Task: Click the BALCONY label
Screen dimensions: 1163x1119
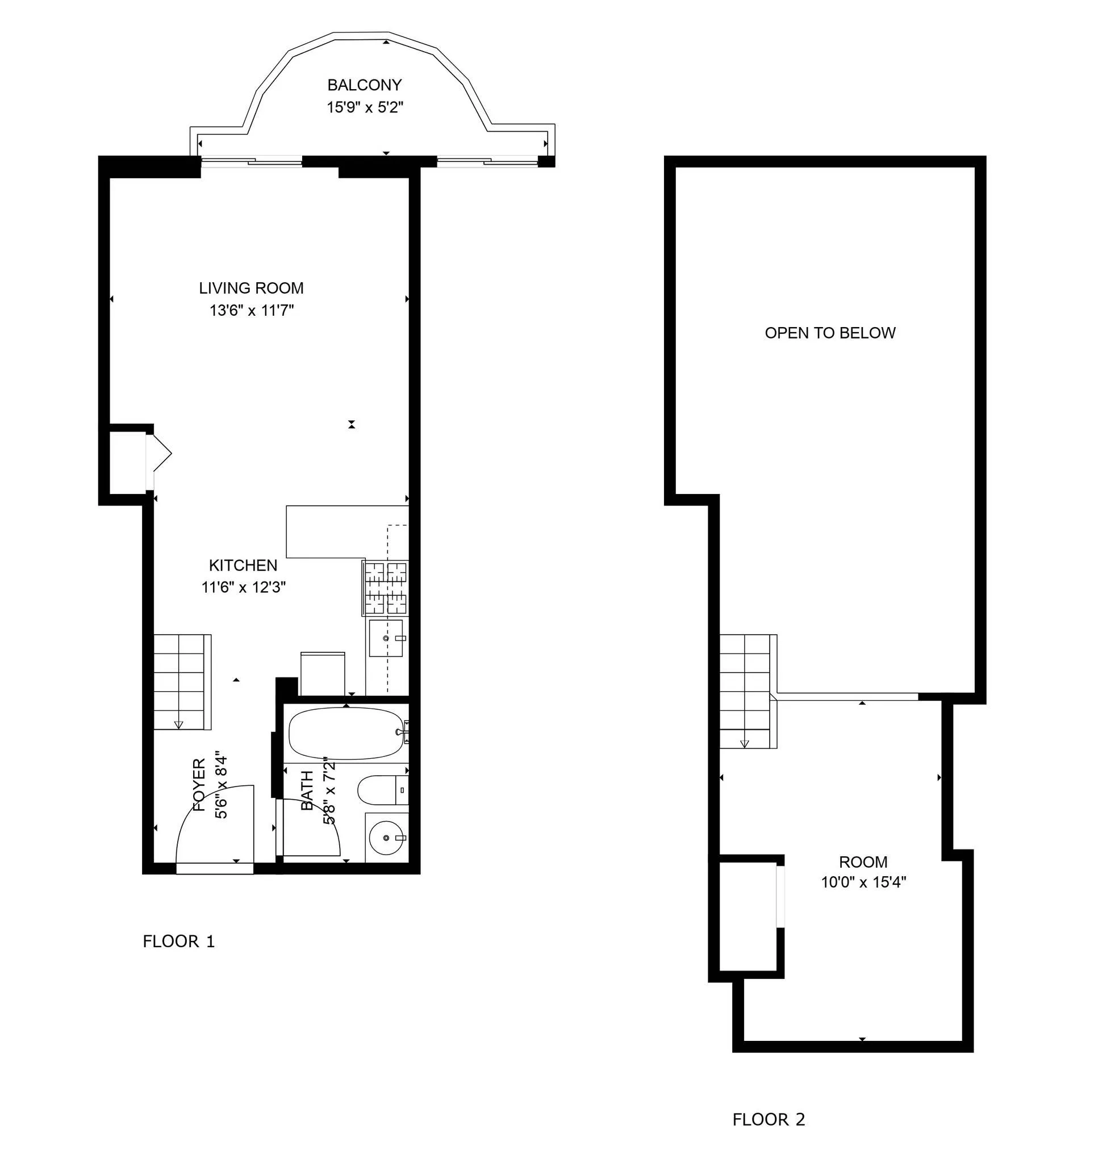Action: (365, 85)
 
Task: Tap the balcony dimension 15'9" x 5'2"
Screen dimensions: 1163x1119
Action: (365, 107)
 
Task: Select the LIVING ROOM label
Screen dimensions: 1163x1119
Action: (251, 288)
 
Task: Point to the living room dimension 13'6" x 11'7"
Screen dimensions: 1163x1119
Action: (251, 310)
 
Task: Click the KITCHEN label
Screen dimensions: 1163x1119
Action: (243, 566)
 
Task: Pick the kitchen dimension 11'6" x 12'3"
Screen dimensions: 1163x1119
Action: (243, 587)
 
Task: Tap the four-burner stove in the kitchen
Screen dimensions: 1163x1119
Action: (385, 588)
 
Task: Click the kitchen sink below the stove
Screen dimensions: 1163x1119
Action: (386, 638)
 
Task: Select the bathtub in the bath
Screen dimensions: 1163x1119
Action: (345, 733)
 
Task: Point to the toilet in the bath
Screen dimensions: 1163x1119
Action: (382, 790)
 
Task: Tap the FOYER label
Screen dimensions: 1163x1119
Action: (199, 784)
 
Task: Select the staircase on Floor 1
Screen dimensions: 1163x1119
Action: (182, 682)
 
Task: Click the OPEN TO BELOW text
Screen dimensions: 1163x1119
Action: (829, 333)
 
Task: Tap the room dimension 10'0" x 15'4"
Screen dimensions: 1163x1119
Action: (863, 882)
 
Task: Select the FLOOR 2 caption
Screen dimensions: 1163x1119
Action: (768, 1120)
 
